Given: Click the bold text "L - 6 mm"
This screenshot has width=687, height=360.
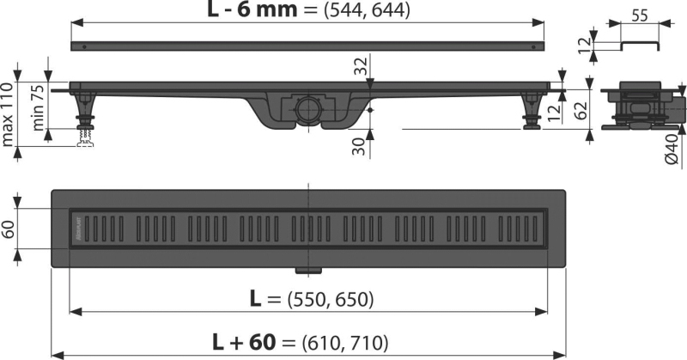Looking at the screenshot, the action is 252,9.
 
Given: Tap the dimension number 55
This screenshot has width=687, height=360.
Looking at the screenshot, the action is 640,16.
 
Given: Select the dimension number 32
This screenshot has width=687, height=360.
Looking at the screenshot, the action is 360,67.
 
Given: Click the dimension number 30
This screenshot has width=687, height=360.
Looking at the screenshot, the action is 359,146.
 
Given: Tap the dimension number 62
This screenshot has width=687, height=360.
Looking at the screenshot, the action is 581,111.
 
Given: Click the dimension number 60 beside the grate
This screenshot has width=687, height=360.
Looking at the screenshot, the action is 9,229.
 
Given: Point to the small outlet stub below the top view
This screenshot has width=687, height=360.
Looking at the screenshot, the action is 308,270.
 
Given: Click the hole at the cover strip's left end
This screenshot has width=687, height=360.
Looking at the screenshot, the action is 84,46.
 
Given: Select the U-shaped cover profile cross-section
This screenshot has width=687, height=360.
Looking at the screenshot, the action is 640,46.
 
